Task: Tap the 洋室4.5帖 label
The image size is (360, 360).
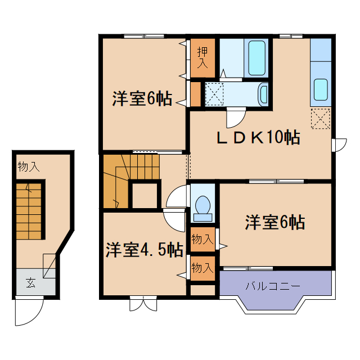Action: click(x=144, y=250)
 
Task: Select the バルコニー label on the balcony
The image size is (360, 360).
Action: click(x=272, y=286)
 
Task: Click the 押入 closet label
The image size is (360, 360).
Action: click(x=202, y=57)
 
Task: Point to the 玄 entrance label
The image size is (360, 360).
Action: click(x=30, y=283)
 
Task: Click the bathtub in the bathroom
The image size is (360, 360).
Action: click(x=256, y=57)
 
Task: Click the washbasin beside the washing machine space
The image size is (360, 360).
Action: click(x=263, y=93)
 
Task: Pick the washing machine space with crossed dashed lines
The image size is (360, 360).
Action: click(x=214, y=93)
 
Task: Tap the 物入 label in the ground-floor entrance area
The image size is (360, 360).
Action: click(x=28, y=167)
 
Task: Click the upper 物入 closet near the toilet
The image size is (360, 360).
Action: click(x=202, y=239)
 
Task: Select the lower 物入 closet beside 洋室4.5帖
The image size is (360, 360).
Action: click(x=202, y=268)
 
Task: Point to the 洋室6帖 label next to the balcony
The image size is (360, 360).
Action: click(x=274, y=223)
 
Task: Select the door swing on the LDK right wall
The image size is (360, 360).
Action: click(x=340, y=145)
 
